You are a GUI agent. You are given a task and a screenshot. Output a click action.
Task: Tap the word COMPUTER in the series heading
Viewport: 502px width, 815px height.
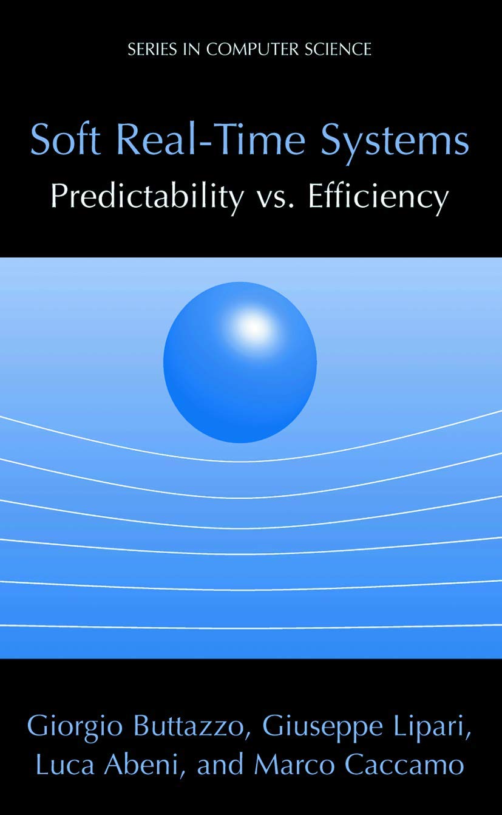tap(252, 49)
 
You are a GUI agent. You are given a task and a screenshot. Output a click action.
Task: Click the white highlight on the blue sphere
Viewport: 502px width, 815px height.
tap(254, 327)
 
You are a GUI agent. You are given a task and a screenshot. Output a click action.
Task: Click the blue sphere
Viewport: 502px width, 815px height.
tap(240, 362)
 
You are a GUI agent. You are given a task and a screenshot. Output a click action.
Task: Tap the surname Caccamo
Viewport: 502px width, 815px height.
tap(404, 764)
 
